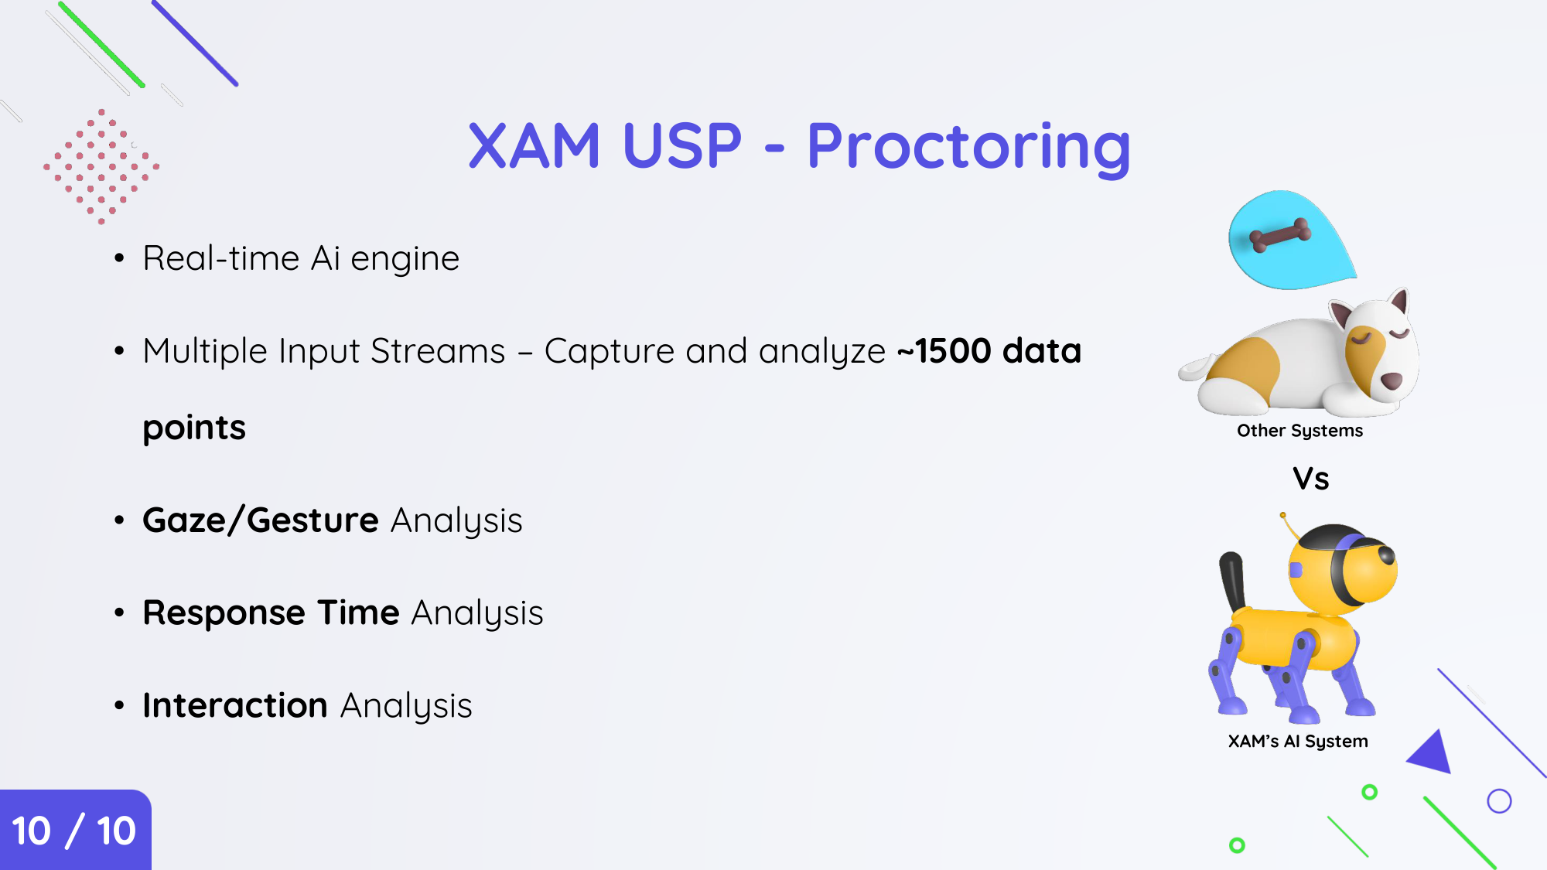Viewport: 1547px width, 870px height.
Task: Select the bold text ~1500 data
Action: click(989, 351)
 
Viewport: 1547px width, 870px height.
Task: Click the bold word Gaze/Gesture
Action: click(261, 520)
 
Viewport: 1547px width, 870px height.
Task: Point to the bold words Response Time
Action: click(271, 612)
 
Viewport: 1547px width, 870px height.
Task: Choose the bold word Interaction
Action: click(235, 705)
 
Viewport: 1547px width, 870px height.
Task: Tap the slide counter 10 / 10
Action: click(74, 831)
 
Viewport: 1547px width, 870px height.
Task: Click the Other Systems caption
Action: click(1299, 431)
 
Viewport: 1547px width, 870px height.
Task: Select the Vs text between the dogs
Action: click(1311, 479)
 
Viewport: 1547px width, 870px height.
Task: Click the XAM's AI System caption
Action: click(1298, 742)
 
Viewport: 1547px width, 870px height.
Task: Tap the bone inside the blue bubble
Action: click(1281, 235)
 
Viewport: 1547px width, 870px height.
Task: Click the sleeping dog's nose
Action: click(1392, 380)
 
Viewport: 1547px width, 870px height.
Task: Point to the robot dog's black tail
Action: click(1233, 580)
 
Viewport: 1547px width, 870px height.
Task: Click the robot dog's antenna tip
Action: click(1282, 515)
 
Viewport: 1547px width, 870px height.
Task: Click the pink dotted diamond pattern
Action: click(101, 166)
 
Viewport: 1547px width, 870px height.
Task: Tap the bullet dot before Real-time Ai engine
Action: click(119, 258)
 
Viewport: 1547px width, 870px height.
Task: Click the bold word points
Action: click(194, 428)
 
